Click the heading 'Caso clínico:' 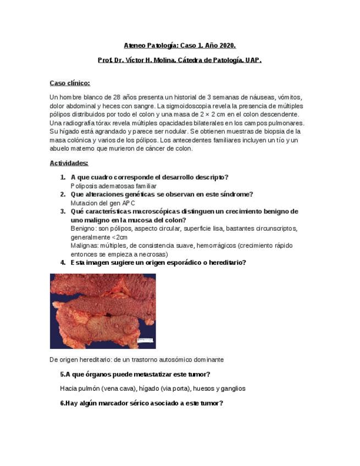click(x=69, y=83)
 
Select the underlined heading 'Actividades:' click(x=69, y=163)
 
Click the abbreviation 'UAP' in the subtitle click(x=253, y=60)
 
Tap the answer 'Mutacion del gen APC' click(x=103, y=203)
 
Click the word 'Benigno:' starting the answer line click(x=84, y=229)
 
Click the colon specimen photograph click(x=102, y=310)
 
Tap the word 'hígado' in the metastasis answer click(x=154, y=389)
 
